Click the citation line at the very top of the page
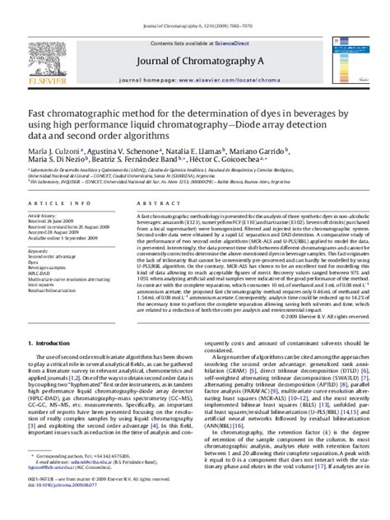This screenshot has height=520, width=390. [195, 6]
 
